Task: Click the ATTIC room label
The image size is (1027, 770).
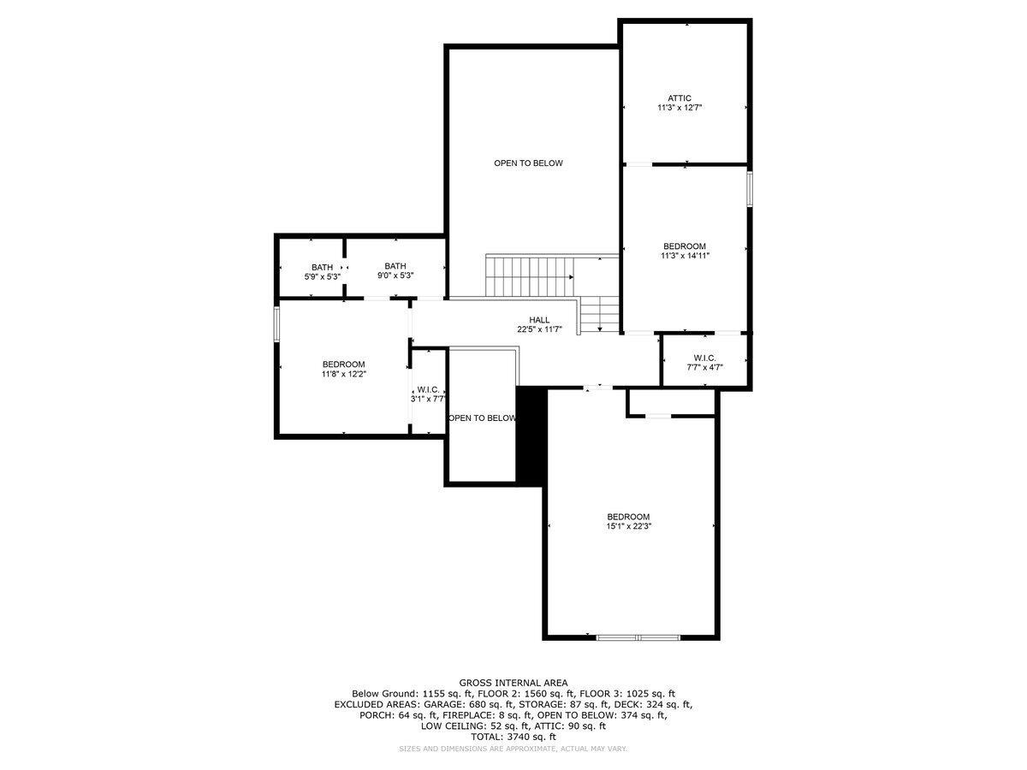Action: coord(680,98)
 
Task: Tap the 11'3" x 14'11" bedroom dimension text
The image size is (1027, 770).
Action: coord(685,255)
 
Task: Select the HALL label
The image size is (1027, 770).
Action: coord(539,319)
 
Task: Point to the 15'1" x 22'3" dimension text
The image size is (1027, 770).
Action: coord(628,527)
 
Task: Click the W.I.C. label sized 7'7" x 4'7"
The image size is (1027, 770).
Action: coord(704,358)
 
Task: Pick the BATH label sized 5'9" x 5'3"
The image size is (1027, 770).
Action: coord(322,267)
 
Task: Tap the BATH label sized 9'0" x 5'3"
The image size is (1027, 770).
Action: coord(395,266)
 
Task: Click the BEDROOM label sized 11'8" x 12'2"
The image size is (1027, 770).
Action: coord(343,364)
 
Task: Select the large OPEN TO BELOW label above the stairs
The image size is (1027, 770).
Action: coord(528,163)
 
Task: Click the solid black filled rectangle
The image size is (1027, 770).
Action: coord(531,435)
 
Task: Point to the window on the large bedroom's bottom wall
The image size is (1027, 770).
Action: coord(638,637)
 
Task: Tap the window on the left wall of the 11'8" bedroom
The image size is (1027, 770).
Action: coord(276,325)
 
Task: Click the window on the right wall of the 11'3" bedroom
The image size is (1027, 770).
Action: coord(749,189)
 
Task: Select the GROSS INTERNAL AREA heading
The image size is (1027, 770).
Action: coord(513,683)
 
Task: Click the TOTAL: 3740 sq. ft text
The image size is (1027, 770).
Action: coord(513,737)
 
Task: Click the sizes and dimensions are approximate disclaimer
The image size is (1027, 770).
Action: coord(513,749)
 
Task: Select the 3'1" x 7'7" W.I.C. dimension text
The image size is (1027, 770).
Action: coord(428,399)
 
